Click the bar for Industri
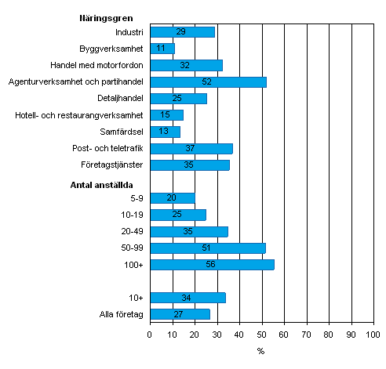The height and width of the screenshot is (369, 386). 182,31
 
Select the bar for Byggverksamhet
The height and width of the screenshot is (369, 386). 162,49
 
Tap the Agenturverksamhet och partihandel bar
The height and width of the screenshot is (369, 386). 208,81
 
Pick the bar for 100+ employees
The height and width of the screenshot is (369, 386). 212,265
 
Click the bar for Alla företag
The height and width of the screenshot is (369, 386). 180,314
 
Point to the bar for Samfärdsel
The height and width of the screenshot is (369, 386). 165,132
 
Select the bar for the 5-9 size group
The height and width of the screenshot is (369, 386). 172,198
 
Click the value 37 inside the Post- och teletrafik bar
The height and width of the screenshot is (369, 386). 191,148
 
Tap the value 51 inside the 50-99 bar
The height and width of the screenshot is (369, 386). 206,248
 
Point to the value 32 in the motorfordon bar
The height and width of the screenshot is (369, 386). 185,65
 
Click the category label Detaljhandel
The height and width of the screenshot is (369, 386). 121,98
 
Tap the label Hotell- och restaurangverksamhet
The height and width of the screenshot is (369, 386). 79,115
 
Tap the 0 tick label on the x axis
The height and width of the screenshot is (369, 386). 150,335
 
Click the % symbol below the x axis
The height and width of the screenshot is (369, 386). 260,351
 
